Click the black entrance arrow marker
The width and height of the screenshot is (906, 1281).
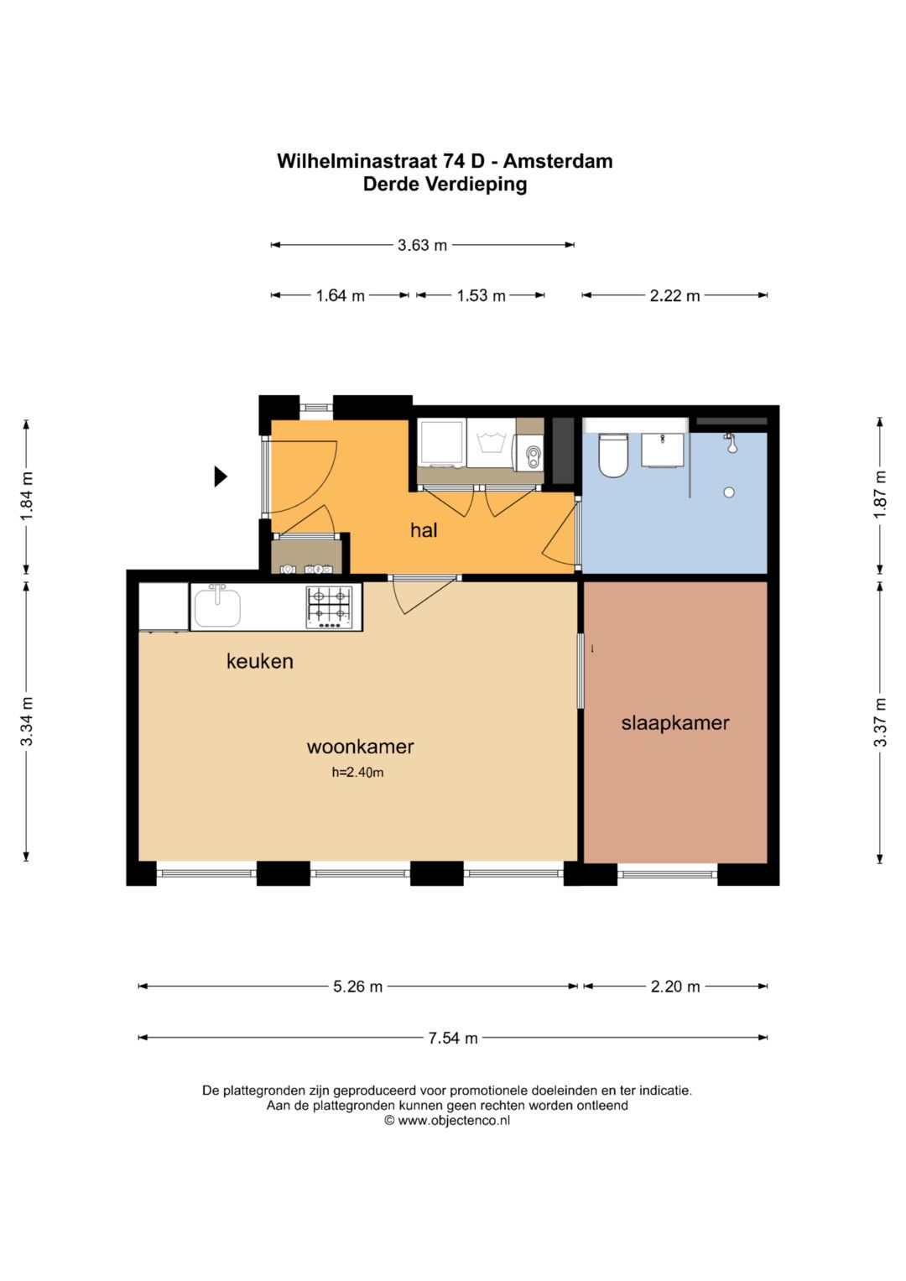tap(220, 476)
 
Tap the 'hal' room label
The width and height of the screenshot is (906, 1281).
tap(424, 530)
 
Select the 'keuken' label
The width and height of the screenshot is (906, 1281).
tap(260, 661)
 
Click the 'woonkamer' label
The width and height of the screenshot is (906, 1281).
tap(361, 747)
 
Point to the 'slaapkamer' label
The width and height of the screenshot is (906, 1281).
tap(675, 723)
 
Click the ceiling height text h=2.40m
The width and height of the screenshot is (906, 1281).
tap(357, 773)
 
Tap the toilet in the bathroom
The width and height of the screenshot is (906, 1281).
tap(613, 454)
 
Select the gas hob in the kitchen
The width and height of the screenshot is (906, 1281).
tap(328, 607)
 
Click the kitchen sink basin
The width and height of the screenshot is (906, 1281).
tap(217, 608)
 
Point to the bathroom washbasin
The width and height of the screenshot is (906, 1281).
tap(663, 450)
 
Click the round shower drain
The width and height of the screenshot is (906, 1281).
tap(729, 492)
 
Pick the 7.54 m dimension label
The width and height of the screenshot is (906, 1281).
tap(453, 1038)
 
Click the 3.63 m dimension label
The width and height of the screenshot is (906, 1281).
tap(422, 245)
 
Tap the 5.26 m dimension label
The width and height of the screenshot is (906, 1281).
tap(357, 987)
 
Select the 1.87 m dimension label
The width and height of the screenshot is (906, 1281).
tap(880, 495)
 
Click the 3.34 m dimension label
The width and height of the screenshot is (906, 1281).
tap(26, 721)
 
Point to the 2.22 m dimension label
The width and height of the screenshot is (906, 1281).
tap(675, 295)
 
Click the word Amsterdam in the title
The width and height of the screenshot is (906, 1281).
tap(558, 161)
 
